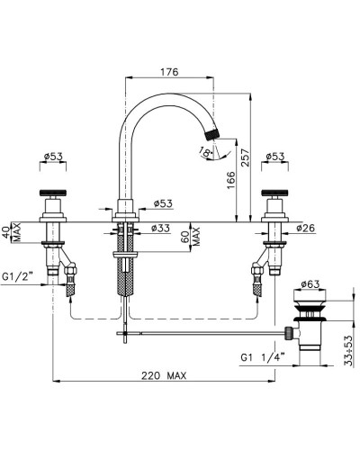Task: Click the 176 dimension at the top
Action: pyautogui.click(x=169, y=72)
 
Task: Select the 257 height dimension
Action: pyautogui.click(x=245, y=157)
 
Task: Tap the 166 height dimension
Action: pyautogui.click(x=231, y=180)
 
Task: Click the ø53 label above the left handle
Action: pyautogui.click(x=53, y=157)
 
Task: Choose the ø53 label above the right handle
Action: pyautogui.click(x=275, y=157)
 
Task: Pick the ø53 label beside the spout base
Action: pyautogui.click(x=163, y=203)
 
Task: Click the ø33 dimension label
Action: pyautogui.click(x=160, y=228)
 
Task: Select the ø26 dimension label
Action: pyautogui.click(x=306, y=228)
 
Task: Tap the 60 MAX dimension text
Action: pyautogui.click(x=191, y=237)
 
